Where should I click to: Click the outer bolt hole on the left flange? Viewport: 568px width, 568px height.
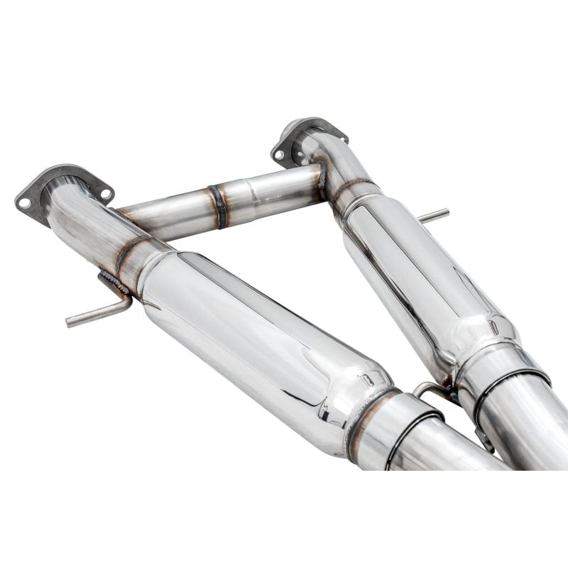click(x=24, y=202)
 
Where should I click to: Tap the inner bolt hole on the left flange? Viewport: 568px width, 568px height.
click(x=104, y=192)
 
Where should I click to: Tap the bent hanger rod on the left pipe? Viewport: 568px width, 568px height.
click(x=99, y=313)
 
